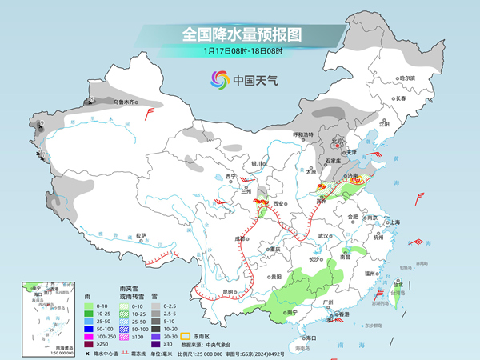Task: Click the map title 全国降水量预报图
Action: (242, 34)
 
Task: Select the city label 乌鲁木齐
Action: (126, 102)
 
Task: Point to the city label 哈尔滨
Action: (408, 78)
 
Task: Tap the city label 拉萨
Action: (141, 235)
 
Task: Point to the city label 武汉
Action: (323, 236)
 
